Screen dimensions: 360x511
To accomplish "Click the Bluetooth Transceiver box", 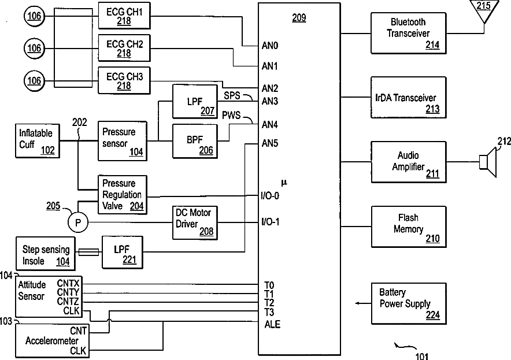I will [409, 32].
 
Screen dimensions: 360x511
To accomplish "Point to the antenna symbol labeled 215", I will [483, 10].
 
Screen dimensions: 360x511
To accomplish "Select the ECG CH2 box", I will [123, 49].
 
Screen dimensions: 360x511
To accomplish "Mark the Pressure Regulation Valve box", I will [122, 193].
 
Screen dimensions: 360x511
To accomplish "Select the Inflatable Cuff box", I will [36, 140].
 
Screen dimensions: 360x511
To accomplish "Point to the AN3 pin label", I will [270, 101].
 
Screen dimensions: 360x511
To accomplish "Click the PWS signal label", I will [231, 115].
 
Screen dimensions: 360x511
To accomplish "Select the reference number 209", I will [299, 18].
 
